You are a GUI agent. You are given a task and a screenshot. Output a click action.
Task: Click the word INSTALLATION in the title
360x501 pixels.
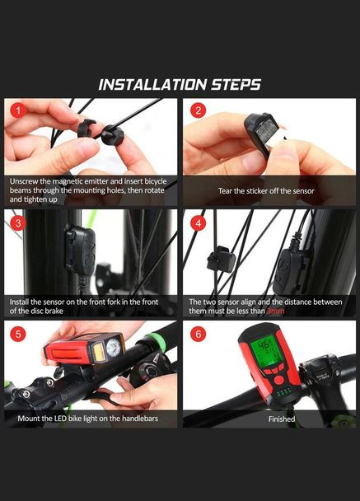coord(152,85)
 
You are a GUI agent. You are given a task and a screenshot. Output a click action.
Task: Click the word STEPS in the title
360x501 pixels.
coord(236,85)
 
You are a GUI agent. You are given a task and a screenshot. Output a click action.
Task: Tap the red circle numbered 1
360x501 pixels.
coord(18,110)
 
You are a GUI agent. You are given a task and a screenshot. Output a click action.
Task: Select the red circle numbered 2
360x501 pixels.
coord(198,110)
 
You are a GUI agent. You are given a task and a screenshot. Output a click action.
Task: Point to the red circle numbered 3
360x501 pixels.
coord(18,222)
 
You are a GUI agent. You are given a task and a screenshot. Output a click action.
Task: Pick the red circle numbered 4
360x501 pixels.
coord(198,222)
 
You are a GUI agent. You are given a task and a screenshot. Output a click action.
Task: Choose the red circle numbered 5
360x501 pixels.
coord(18,334)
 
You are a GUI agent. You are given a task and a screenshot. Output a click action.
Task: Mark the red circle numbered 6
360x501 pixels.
coord(198,334)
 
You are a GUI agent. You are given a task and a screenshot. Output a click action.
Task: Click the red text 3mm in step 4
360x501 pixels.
coord(275,311)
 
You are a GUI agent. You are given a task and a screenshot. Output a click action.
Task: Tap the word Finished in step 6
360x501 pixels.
coord(282,419)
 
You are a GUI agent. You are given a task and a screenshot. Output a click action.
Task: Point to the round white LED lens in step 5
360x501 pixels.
coord(113,348)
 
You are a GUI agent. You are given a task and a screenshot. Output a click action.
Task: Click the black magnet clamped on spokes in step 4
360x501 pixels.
coord(221,258)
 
